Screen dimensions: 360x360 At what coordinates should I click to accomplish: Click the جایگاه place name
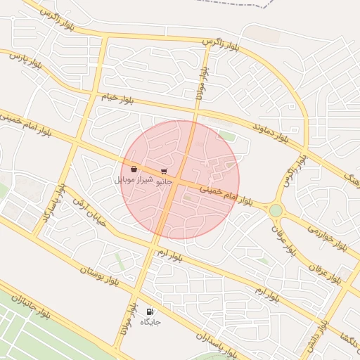pos(150,322)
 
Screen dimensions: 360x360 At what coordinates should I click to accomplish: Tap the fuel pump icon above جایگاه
pos(149,311)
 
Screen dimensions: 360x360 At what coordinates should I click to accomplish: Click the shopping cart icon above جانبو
pos(164,171)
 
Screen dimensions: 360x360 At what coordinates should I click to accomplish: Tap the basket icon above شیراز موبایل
pos(134,169)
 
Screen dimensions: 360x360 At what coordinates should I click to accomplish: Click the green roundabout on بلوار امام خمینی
pos(276,210)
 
